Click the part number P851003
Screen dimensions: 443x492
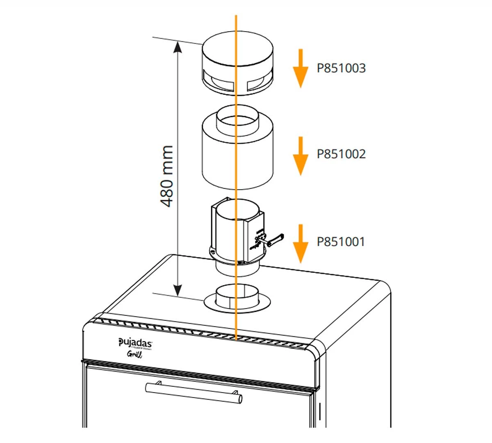(x=341, y=68)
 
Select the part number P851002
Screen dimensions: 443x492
(x=341, y=154)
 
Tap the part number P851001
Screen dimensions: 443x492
(x=340, y=242)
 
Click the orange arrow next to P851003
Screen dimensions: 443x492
(x=301, y=68)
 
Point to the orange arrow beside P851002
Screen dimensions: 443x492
(x=301, y=156)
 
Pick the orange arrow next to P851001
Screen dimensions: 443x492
(x=301, y=244)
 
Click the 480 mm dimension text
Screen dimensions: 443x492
(x=166, y=176)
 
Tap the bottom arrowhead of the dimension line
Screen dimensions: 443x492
(x=177, y=290)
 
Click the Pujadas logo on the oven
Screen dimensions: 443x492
(x=135, y=343)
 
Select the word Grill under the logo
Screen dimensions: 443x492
(x=134, y=355)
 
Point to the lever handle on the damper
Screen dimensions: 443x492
(x=274, y=239)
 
